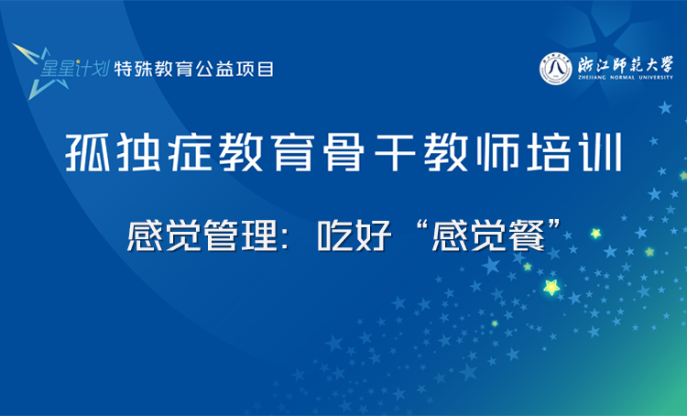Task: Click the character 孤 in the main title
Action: (x=88, y=152)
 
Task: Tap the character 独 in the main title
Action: (x=138, y=152)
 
